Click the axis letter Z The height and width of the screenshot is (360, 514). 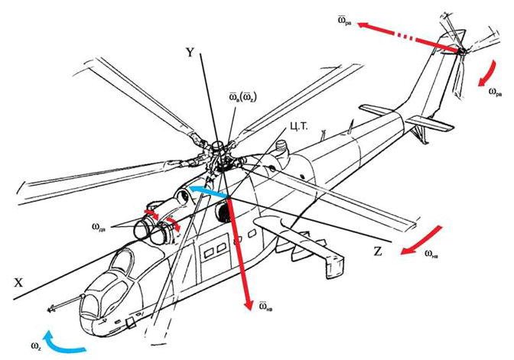[378, 250]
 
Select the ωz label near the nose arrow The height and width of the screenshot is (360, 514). [35, 348]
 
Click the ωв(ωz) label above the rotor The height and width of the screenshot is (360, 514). [242, 98]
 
